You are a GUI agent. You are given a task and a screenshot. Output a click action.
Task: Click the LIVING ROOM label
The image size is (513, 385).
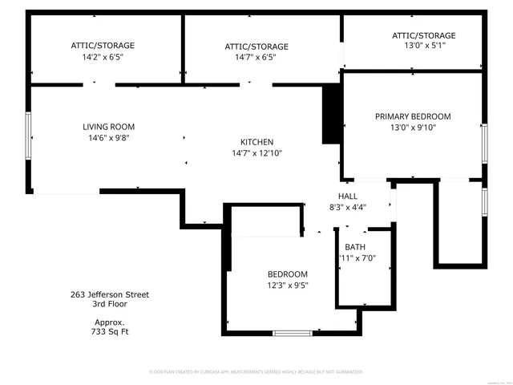pos(108,127)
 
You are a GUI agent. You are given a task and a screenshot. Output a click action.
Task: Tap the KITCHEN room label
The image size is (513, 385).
pos(257,142)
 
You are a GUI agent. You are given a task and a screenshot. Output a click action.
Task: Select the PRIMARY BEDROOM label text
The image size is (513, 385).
pos(413,116)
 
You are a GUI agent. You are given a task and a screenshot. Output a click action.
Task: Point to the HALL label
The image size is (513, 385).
pos(347,197)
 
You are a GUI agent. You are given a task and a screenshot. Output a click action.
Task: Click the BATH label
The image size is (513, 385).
pos(354,247)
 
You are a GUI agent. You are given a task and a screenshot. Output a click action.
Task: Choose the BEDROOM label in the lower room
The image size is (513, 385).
pos(287,274)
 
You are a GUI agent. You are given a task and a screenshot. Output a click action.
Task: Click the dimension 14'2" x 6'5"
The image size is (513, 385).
pos(102,57)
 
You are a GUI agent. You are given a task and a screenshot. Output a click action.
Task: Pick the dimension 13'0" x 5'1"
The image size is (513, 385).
pos(423,47)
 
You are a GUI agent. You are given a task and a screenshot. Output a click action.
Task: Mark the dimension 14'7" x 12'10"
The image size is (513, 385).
pos(257,153)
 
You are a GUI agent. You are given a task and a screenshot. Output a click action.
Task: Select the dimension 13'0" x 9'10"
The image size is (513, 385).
pos(413,128)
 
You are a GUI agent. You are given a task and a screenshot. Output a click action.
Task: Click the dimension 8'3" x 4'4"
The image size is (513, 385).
pos(347,208)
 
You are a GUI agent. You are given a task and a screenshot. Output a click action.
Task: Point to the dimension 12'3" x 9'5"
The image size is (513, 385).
pos(287,286)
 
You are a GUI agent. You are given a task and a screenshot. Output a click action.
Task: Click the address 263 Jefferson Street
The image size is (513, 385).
pos(109,294)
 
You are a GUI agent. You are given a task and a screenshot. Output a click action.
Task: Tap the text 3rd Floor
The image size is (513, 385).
pos(109,304)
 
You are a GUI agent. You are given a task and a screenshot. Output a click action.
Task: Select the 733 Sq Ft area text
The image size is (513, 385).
pos(109,330)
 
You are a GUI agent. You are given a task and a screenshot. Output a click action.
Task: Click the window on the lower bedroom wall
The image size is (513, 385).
pos(292,333)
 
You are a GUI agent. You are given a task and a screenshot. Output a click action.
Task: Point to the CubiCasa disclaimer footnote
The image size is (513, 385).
pos(256,372)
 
